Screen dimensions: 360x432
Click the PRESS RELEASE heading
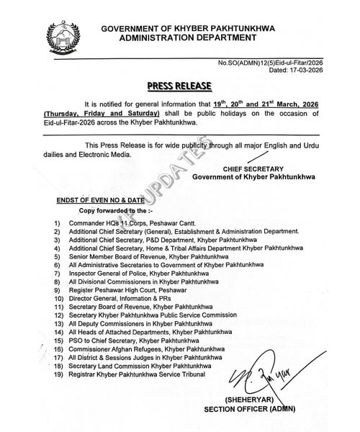pos(180,86)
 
